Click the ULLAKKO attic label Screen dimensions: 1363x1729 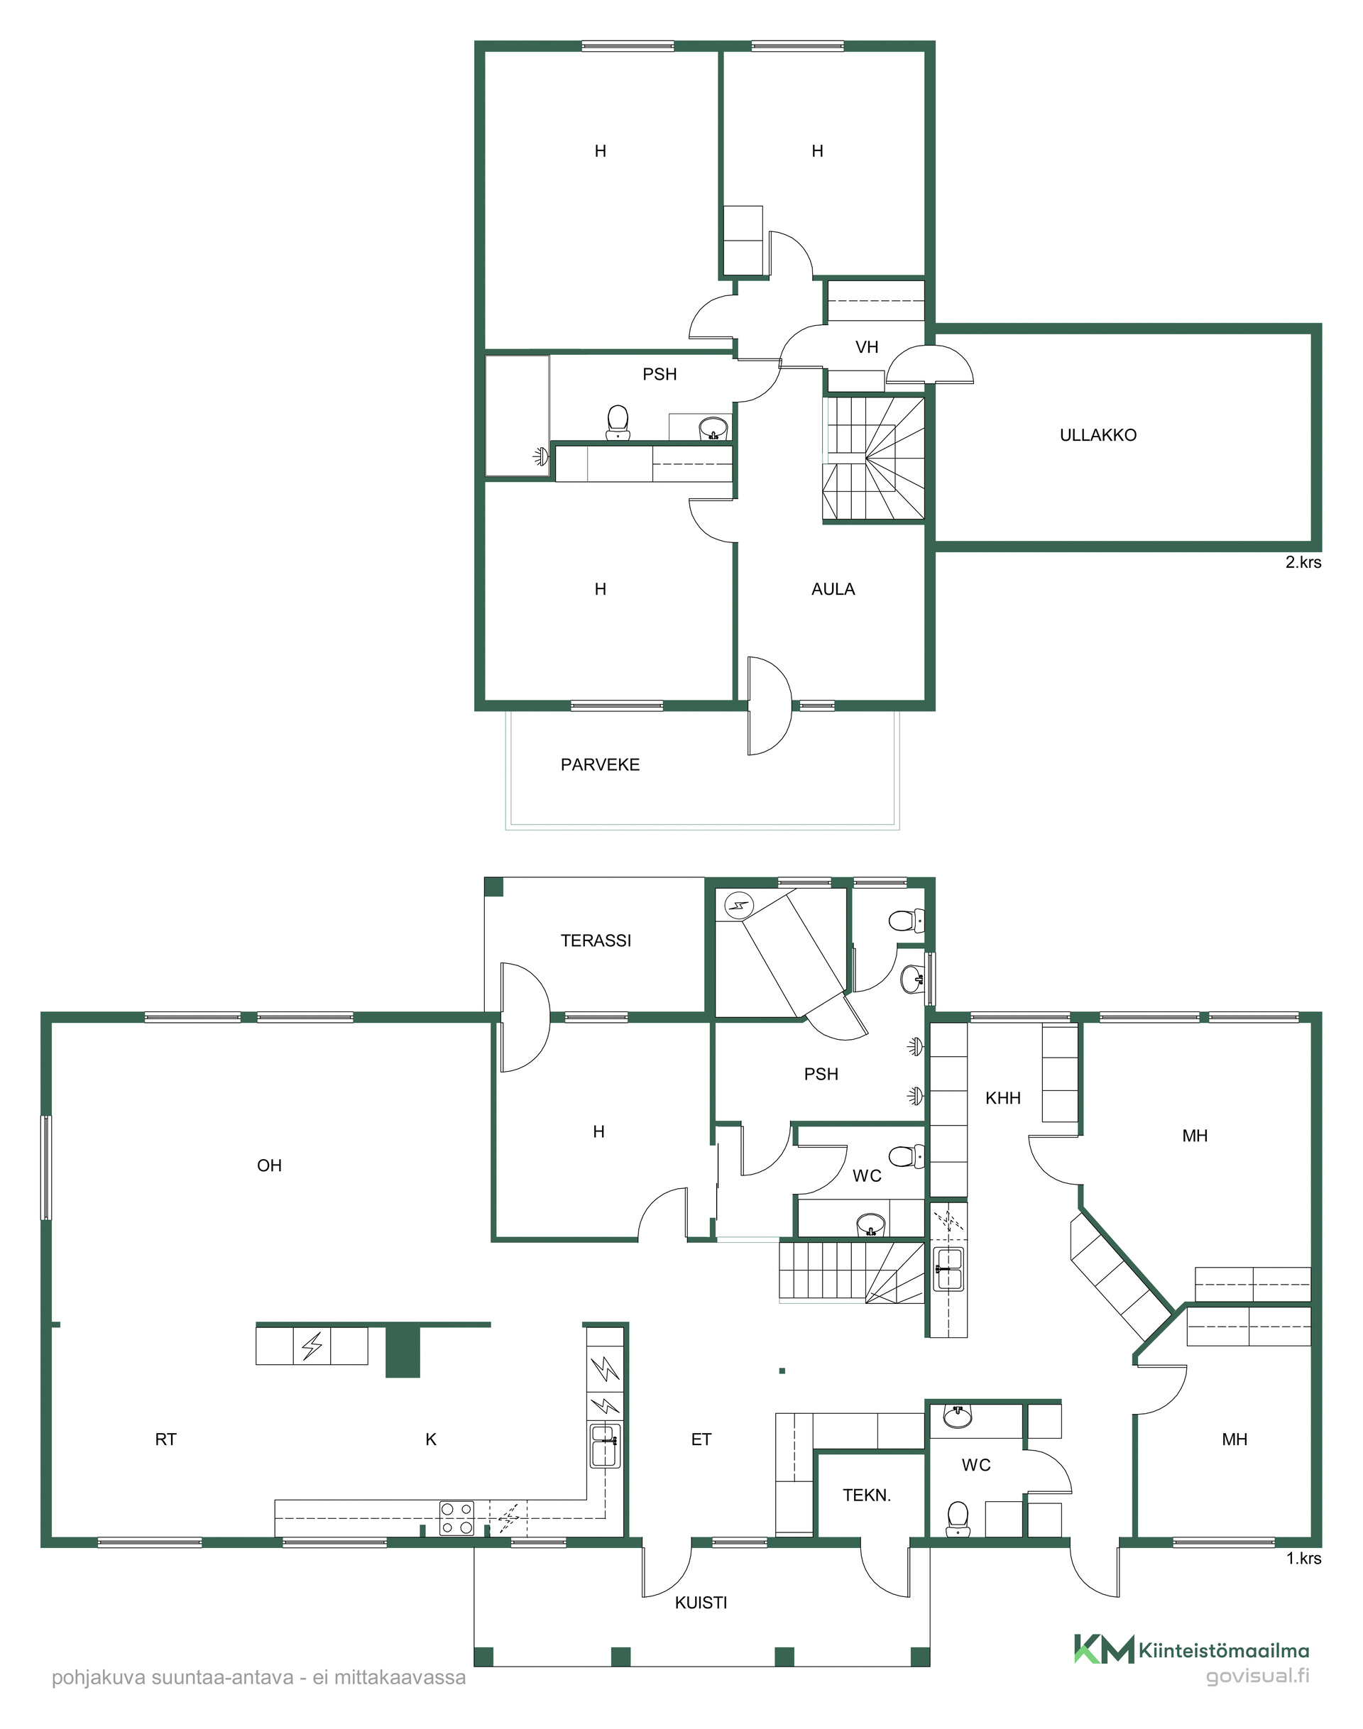(1098, 436)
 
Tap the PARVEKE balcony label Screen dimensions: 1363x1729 (600, 765)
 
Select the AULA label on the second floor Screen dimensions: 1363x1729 (833, 590)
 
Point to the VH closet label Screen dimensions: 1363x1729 (867, 347)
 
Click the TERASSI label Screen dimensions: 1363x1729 (596, 940)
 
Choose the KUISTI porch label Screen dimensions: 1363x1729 (701, 1603)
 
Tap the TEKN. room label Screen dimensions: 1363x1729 (867, 1495)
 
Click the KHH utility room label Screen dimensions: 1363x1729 (1003, 1098)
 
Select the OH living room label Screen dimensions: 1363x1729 (270, 1165)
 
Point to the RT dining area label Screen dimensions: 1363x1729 (166, 1439)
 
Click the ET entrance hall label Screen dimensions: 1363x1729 (701, 1439)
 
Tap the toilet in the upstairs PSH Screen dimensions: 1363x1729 (618, 423)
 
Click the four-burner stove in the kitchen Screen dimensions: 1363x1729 (457, 1519)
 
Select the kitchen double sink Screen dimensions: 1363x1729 (605, 1445)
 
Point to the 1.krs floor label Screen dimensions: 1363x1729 (1304, 1558)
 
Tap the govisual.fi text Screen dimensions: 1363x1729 (1258, 1676)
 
